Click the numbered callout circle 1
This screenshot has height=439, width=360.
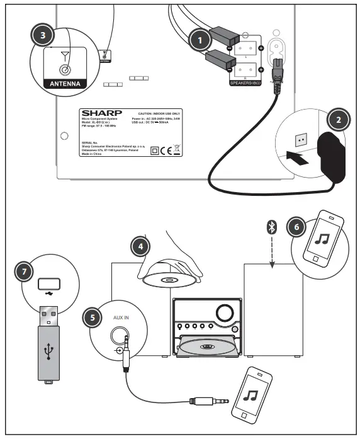coord(201,40)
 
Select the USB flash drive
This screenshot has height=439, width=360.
coord(47,344)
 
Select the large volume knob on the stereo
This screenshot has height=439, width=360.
coord(223,312)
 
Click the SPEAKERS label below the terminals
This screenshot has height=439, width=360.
coord(247,83)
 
